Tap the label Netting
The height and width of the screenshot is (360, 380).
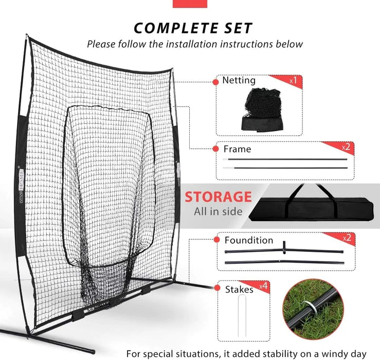[x=239, y=80]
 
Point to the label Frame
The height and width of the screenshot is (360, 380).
[x=237, y=149]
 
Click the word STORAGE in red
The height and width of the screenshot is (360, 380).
[x=219, y=196]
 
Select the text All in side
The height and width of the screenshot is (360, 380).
[x=219, y=211]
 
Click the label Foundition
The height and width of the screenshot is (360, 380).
[x=249, y=240]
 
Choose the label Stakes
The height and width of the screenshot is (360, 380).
[x=239, y=290]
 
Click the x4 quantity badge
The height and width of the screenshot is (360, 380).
[x=263, y=286]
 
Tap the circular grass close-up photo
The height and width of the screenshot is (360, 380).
[x=313, y=309]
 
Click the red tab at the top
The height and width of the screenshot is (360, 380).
[x=190, y=4]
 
